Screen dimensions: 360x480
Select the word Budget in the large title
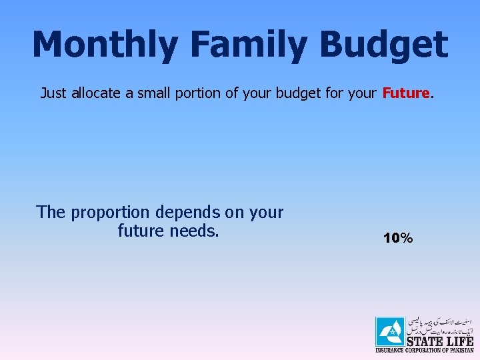(383, 45)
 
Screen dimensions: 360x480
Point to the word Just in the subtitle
(53, 93)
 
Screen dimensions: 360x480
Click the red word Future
(406, 93)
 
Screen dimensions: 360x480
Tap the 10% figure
(398, 238)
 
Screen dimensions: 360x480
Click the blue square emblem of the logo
(389, 331)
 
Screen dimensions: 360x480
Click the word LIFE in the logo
(459, 341)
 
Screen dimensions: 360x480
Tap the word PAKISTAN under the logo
(460, 350)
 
